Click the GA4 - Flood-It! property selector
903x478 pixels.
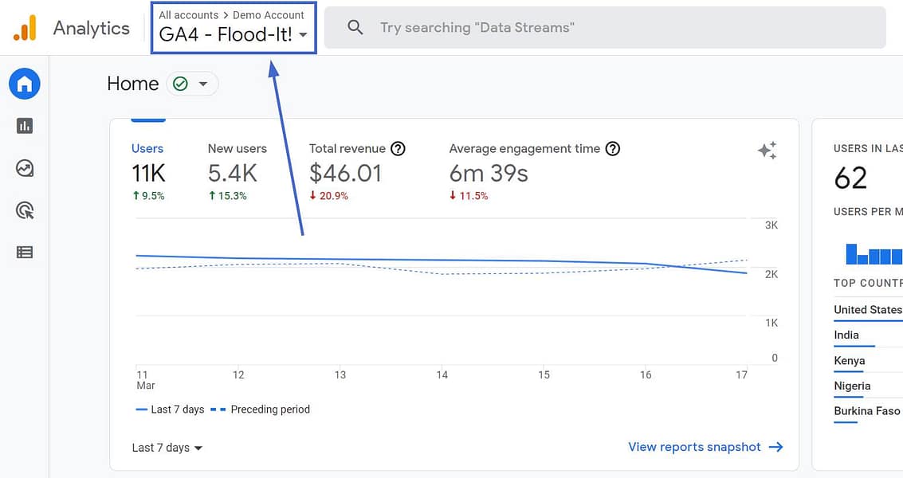233,34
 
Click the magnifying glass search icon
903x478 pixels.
355,28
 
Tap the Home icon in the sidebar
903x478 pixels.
25,84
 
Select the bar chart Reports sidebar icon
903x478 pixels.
25,126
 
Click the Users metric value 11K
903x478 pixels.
148,173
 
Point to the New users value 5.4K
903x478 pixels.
233,173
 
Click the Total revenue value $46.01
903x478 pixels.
345,173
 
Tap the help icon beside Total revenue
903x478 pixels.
398,149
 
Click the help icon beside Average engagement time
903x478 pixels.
613,149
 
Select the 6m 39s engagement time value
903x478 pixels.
489,173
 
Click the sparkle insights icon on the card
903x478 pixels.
767,151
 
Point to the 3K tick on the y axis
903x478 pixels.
771,225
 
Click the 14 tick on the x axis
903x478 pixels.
442,374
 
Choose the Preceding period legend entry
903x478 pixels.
269,409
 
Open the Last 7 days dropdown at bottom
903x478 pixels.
167,448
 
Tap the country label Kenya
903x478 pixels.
849,361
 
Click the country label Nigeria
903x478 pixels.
852,386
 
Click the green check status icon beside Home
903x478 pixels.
181,84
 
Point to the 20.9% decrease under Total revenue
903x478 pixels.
329,196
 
